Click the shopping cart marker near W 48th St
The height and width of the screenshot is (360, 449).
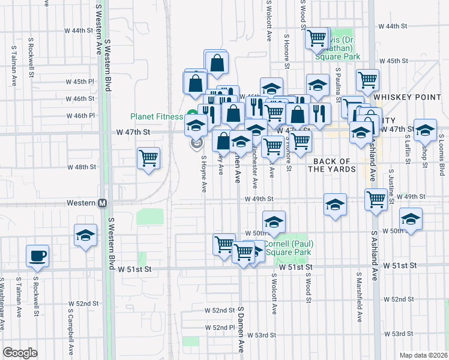[148, 158]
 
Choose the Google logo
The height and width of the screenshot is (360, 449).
[20, 353]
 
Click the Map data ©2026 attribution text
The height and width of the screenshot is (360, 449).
[423, 355]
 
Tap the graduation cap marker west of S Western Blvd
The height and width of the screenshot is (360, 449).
[85, 235]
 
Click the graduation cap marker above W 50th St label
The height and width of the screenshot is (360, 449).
[274, 221]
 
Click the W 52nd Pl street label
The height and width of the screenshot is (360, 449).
[220, 328]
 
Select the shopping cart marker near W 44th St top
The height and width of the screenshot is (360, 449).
[316, 38]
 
